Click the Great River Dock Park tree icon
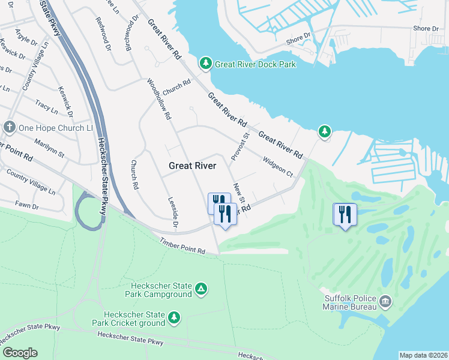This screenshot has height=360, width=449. point(205,64)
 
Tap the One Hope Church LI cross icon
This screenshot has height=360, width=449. point(9,127)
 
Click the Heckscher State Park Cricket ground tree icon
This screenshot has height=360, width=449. point(174,317)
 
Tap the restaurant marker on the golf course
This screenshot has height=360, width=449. point(345,215)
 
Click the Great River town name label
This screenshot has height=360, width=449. point(192,166)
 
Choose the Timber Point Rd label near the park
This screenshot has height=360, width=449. point(182,247)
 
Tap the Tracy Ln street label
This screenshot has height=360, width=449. point(46,107)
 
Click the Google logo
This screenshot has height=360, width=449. point(20,353)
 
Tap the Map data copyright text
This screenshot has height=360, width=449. point(423,355)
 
